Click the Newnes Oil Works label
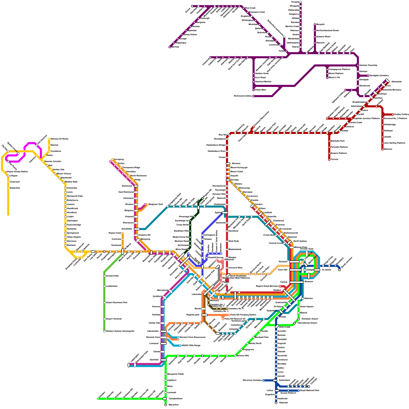click(x=59, y=139)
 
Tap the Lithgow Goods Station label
click(x=17, y=172)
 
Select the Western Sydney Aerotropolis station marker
click(x=104, y=331)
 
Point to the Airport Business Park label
click(x=117, y=303)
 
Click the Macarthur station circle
click(x=166, y=405)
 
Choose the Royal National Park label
click(x=310, y=391)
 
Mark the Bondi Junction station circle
click(x=339, y=270)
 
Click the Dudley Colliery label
click(x=402, y=115)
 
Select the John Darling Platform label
click(x=394, y=143)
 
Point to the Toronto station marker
click(x=329, y=160)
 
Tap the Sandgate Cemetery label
click(x=379, y=76)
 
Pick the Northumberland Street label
click(x=327, y=31)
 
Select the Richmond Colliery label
click(x=243, y=96)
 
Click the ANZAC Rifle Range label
click(x=191, y=346)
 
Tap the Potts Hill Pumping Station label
click(x=243, y=315)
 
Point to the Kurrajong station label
click(x=119, y=160)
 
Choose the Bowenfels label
click(x=15, y=188)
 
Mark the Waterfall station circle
click(x=276, y=403)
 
